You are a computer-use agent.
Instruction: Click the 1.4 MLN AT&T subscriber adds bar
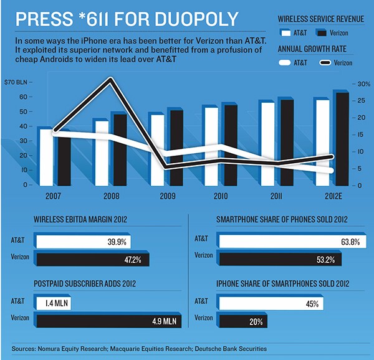pos(59,303)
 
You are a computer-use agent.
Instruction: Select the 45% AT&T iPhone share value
pos(312,303)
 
